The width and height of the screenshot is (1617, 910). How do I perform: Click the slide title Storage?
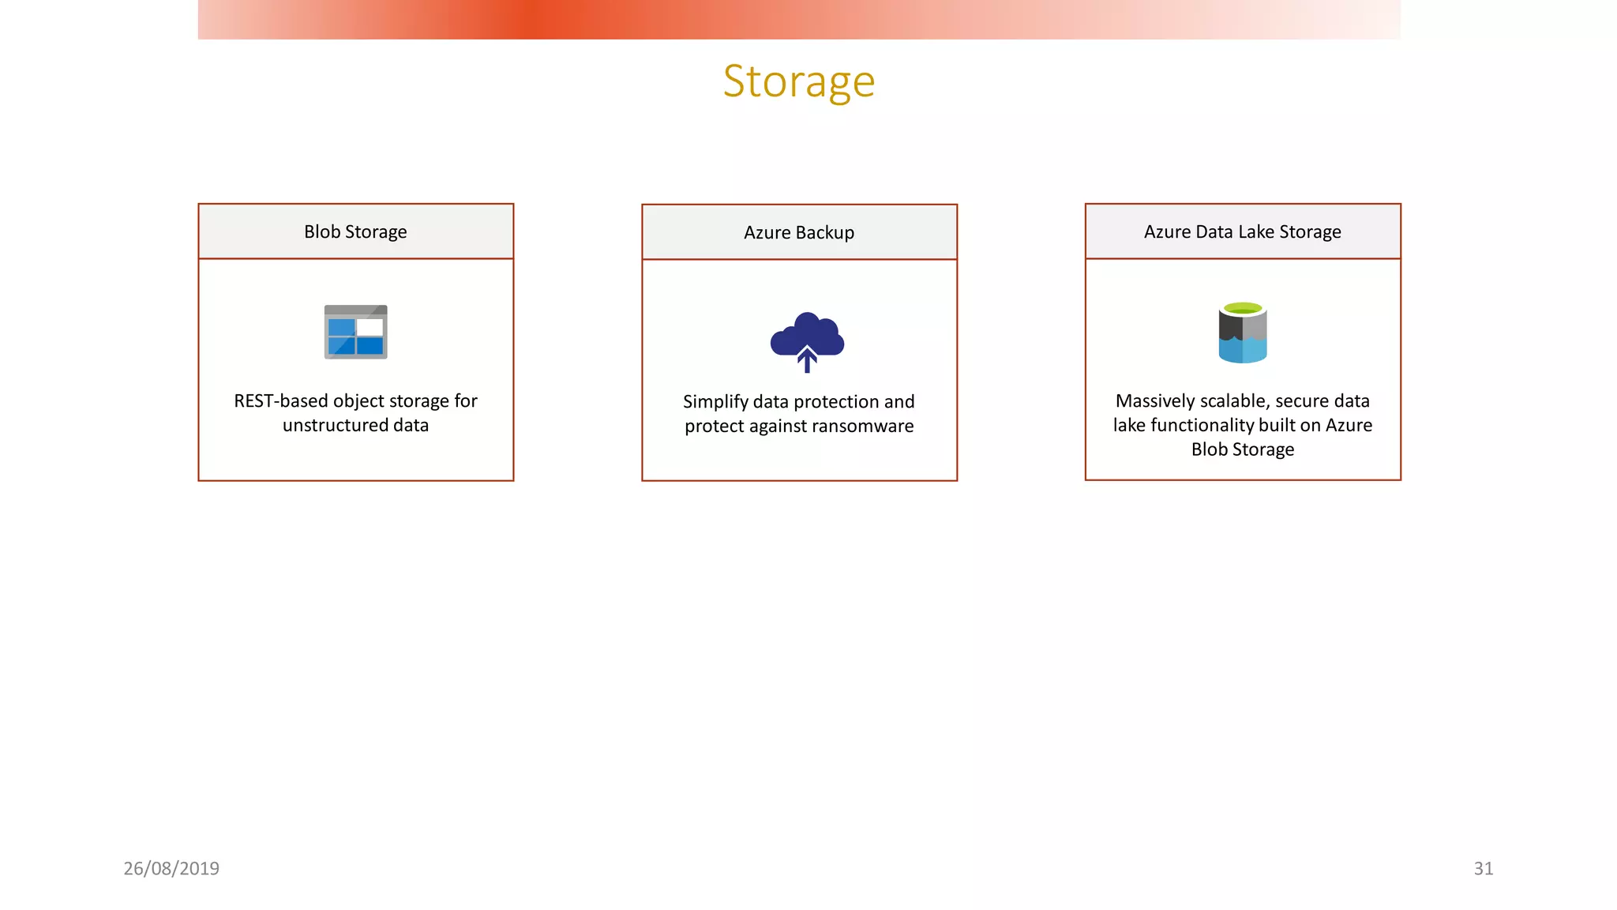(798, 81)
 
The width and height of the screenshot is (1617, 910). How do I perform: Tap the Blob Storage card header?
(355, 231)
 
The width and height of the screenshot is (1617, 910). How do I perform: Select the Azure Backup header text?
(798, 232)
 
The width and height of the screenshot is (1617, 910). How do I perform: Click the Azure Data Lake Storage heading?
(1242, 231)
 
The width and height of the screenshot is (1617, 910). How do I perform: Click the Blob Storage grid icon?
(355, 333)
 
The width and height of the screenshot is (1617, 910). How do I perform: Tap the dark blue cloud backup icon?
(807, 335)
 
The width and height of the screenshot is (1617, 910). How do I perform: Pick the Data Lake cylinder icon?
(1242, 333)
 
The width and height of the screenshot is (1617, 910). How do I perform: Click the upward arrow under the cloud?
(807, 360)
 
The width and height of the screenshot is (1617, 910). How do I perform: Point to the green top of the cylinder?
(1243, 307)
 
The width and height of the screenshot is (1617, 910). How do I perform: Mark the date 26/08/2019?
(171, 868)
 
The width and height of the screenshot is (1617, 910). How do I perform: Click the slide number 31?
(1483, 868)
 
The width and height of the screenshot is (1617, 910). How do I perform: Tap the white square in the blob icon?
(370, 327)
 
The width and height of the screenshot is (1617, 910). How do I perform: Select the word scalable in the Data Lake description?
(1233, 401)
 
